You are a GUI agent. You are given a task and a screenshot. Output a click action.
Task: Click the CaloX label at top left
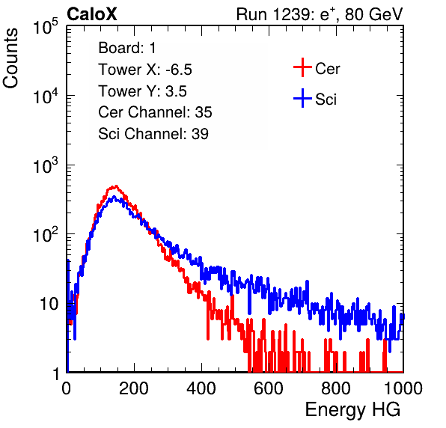[91, 14]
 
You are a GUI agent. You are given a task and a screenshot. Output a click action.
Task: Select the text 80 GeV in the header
[374, 14]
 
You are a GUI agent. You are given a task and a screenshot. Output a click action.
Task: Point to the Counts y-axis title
[10, 58]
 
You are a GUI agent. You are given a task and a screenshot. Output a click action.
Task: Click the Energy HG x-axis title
[352, 410]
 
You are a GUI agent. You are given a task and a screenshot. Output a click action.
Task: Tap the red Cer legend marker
[302, 67]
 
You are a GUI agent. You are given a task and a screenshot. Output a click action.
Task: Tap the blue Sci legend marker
[302, 98]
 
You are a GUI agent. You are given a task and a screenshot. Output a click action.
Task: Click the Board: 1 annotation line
[127, 48]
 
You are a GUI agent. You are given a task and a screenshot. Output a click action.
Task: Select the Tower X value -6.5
[179, 70]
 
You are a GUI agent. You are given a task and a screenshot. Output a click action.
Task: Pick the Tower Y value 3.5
[176, 91]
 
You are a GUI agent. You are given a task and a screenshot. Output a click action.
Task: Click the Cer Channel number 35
[204, 112]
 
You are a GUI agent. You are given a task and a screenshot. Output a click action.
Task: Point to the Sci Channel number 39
[200, 133]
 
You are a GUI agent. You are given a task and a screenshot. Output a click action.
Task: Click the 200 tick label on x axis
[134, 388]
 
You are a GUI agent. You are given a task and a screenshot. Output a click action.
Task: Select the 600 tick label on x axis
[269, 388]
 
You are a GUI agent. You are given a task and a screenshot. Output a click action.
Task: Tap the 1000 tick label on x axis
[403, 388]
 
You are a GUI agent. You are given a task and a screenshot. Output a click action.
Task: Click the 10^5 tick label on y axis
[46, 27]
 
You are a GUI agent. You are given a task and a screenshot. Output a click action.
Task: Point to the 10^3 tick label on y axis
[46, 165]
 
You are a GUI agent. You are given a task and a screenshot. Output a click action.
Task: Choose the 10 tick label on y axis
[49, 304]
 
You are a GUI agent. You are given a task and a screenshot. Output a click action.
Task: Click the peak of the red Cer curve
[116, 186]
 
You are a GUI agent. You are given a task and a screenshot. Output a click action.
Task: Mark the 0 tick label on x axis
[66, 388]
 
